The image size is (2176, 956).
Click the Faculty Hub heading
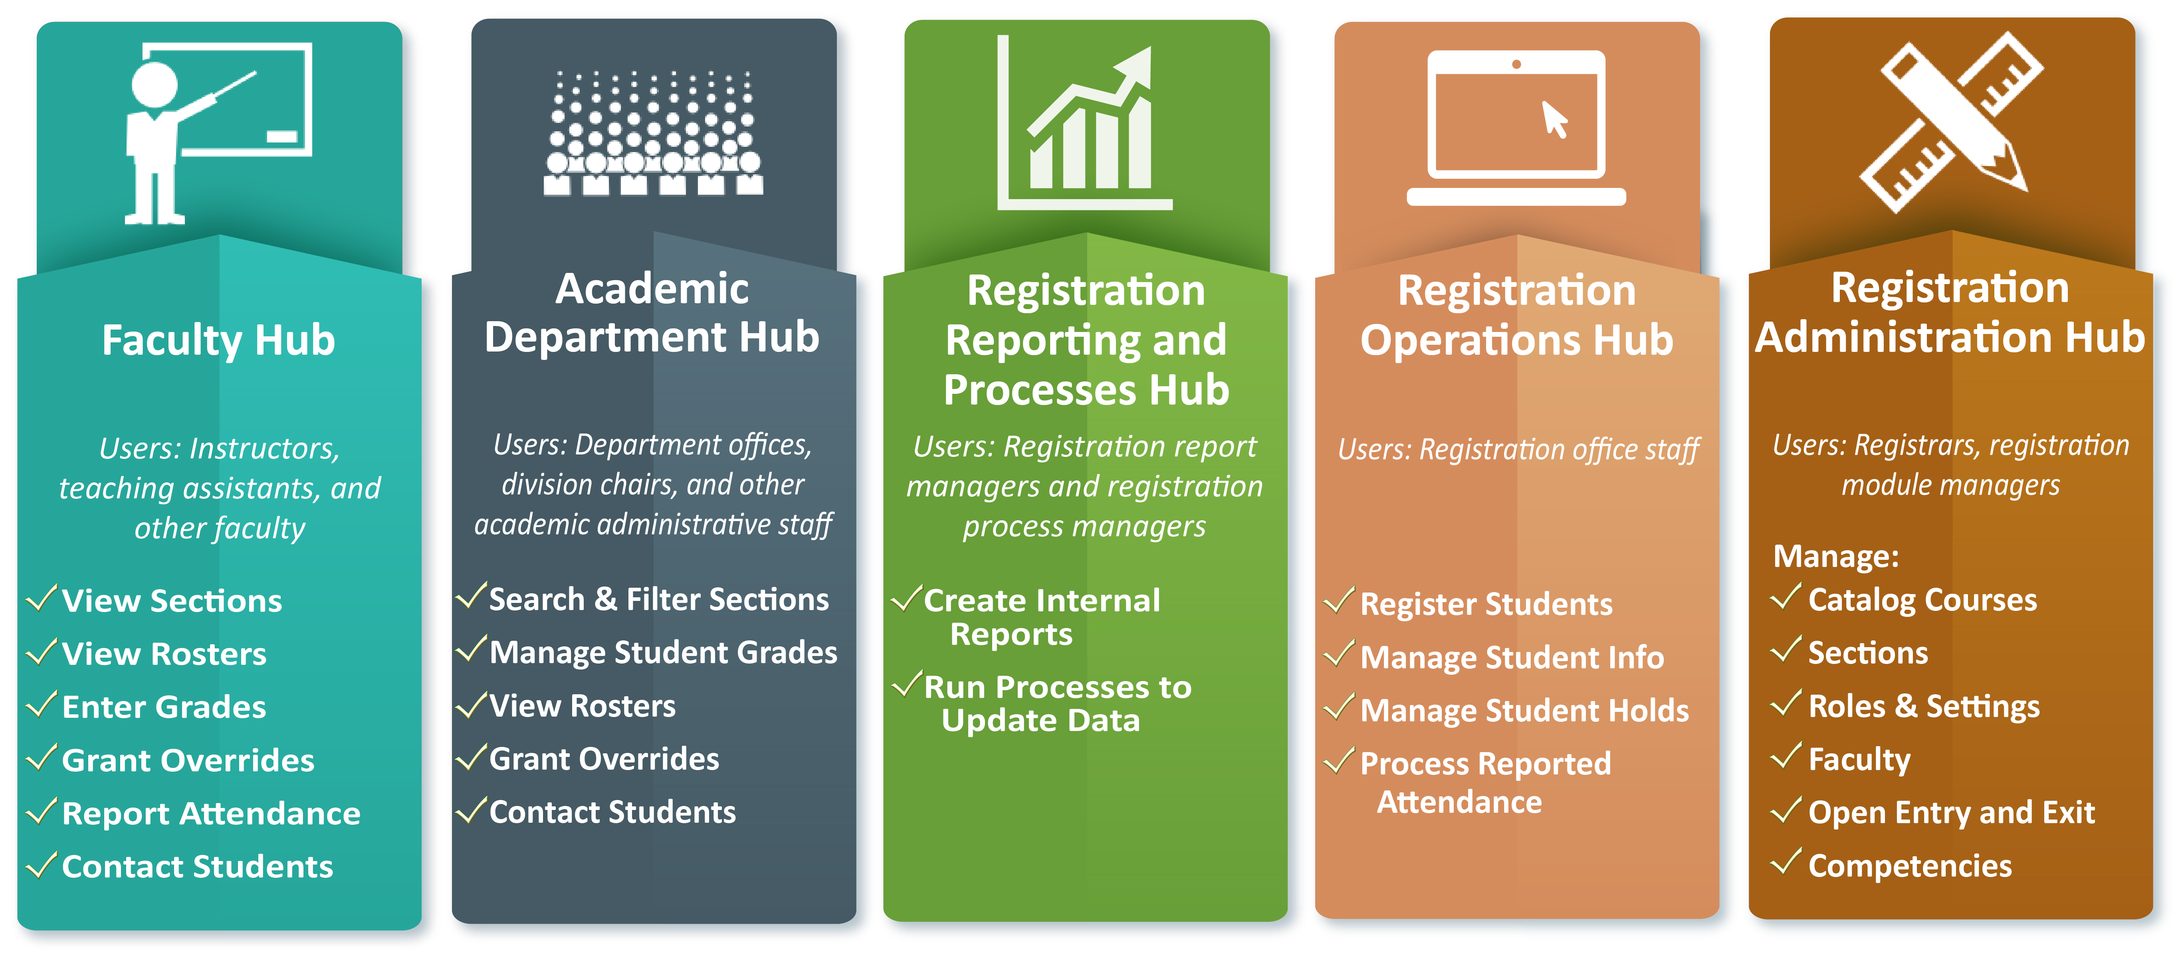(219, 340)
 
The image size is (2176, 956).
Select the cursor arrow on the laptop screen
(1555, 119)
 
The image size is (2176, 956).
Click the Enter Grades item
(164, 707)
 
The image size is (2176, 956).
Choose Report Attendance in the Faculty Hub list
(211, 813)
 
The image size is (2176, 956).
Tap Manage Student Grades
(663, 652)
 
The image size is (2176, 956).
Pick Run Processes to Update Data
(1058, 703)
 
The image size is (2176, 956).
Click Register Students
(1486, 604)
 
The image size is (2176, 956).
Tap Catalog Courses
(1922, 600)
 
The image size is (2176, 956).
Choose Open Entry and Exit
(1951, 812)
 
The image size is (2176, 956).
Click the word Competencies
(1910, 866)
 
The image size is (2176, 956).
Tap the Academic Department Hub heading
(652, 312)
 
